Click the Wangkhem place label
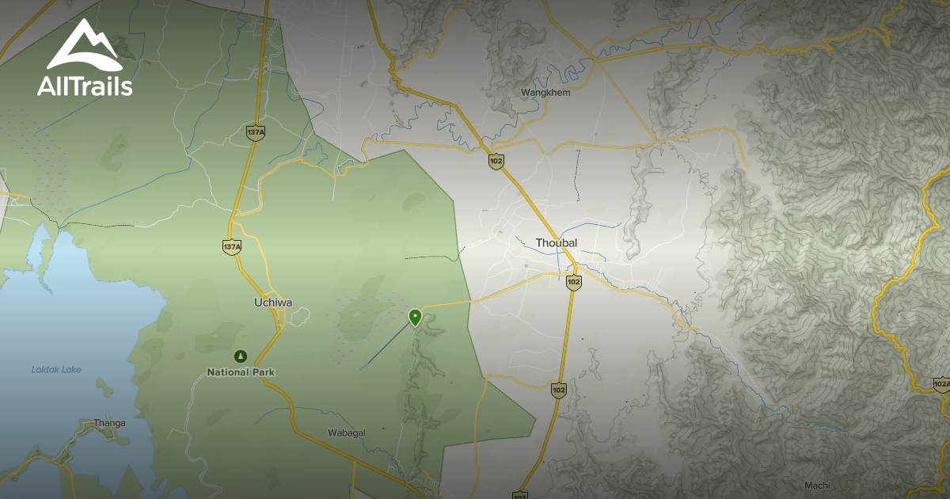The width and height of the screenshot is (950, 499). (541, 93)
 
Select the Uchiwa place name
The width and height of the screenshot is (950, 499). (273, 302)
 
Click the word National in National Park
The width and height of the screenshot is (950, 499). (226, 371)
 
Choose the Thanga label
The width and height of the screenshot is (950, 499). (109, 422)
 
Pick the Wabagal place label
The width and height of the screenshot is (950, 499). (345, 432)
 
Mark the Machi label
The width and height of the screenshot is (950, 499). (816, 485)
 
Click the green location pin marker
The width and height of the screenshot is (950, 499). (415, 318)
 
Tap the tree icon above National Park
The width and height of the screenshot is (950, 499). (241, 356)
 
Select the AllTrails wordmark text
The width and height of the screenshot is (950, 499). (85, 86)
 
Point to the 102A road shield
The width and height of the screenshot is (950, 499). (941, 384)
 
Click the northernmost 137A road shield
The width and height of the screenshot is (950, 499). (255, 132)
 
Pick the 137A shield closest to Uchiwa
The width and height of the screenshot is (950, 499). (232, 247)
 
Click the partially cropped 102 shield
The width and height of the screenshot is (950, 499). (520, 494)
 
